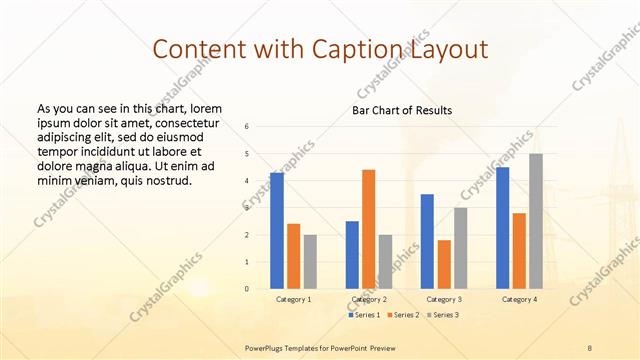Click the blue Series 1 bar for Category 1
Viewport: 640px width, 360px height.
tap(276, 231)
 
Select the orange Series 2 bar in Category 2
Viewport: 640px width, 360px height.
tap(368, 229)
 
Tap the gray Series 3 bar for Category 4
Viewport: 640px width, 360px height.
tap(536, 221)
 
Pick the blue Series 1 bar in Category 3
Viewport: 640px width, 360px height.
tap(427, 241)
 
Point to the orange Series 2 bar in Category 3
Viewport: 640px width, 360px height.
tap(444, 264)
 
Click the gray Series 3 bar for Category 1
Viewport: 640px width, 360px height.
tap(310, 262)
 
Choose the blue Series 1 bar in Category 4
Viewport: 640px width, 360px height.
tap(502, 228)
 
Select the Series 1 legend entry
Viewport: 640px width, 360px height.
tap(365, 315)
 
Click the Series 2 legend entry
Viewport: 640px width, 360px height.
tap(404, 315)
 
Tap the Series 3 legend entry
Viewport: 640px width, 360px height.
tap(443, 315)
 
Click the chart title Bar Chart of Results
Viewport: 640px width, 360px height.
tap(401, 110)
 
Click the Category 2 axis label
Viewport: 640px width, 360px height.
tap(368, 299)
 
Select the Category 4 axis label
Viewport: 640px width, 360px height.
tap(519, 299)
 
